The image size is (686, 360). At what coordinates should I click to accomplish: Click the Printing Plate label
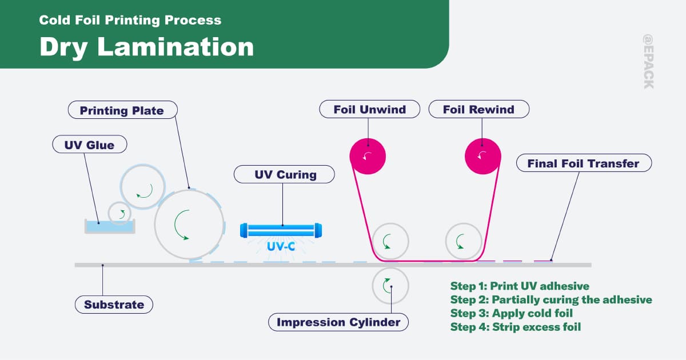coord(122,110)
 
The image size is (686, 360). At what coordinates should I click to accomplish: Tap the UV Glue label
coord(90,144)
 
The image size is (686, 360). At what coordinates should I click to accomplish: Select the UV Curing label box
coord(284,174)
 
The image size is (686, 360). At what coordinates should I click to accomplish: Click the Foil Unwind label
coord(370,109)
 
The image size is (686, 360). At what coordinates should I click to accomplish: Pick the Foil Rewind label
coord(479,109)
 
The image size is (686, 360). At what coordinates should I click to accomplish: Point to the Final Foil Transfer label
coord(584,163)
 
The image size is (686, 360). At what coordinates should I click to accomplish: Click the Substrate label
coord(114,305)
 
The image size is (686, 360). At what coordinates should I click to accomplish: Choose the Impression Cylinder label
coord(338,322)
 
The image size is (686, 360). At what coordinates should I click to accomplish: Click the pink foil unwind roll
coord(368,157)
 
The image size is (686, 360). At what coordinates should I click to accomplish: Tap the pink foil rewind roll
coord(483,157)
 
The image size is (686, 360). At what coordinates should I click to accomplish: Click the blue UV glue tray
coord(110,226)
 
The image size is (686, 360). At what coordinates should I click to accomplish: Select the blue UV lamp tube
coord(281,230)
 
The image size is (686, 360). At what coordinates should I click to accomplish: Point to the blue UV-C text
coord(281,246)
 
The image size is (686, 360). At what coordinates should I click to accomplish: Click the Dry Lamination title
coord(147,47)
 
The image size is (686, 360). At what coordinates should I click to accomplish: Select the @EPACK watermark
coord(648,62)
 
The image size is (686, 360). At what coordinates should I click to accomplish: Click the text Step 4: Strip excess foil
coord(516,327)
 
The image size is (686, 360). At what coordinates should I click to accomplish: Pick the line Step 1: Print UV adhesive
coord(520,286)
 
